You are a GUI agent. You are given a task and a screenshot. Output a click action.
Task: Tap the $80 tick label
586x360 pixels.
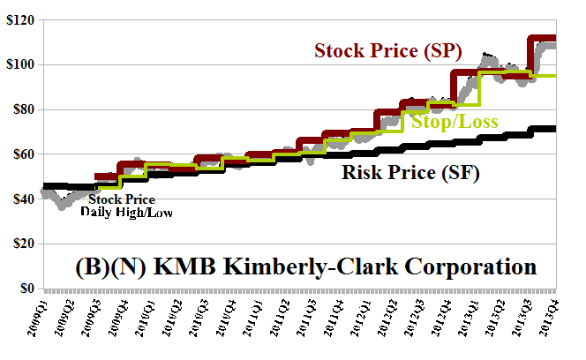(x=20, y=109)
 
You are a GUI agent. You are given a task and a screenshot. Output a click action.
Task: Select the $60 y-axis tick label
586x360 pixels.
(x=20, y=154)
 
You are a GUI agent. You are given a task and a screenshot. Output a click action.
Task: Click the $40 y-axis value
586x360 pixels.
(x=20, y=199)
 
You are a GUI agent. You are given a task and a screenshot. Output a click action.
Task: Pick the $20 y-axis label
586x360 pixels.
(x=20, y=244)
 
